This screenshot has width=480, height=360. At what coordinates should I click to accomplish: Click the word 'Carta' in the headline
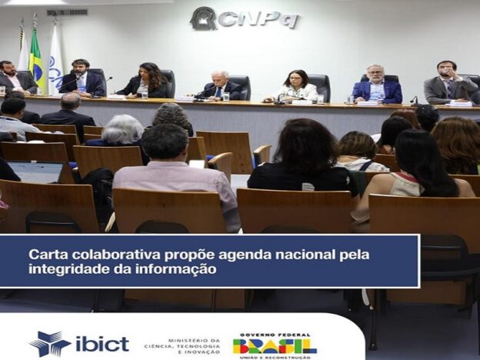click(48, 255)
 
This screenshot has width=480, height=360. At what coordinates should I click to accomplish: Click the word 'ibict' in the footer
click(102, 344)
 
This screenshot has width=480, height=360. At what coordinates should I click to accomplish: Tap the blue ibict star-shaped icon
click(49, 344)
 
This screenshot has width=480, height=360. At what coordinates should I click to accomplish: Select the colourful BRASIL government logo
click(275, 346)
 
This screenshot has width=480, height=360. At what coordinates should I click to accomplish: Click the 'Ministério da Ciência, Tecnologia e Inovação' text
click(182, 346)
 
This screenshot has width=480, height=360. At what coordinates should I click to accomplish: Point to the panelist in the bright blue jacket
click(377, 85)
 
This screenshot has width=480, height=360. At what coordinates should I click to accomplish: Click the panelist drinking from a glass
click(449, 83)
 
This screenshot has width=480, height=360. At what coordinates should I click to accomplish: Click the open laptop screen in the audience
click(35, 172)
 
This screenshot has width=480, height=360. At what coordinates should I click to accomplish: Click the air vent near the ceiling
click(67, 12)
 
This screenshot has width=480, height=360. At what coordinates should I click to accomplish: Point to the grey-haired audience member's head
click(123, 129)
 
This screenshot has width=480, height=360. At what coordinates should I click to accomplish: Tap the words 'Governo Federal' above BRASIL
click(271, 335)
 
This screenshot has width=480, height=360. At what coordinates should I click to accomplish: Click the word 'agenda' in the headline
click(242, 255)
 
